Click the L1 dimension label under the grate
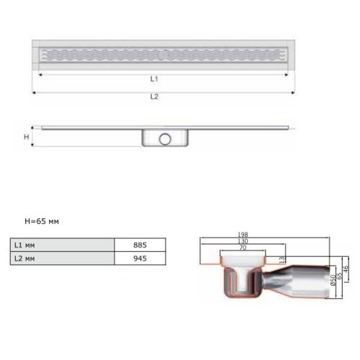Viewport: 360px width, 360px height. point(154,78)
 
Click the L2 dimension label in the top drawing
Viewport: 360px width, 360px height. point(154,96)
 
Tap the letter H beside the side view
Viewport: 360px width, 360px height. point(27,137)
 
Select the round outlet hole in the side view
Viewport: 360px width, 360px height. point(165,139)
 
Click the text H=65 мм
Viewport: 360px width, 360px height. point(42,221)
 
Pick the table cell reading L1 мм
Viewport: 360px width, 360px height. point(63,245)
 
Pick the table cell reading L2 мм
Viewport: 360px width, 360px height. point(63,258)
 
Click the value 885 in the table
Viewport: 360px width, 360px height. point(140,245)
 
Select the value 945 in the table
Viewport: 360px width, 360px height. point(140,258)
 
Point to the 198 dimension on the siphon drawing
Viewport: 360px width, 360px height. point(243,235)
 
